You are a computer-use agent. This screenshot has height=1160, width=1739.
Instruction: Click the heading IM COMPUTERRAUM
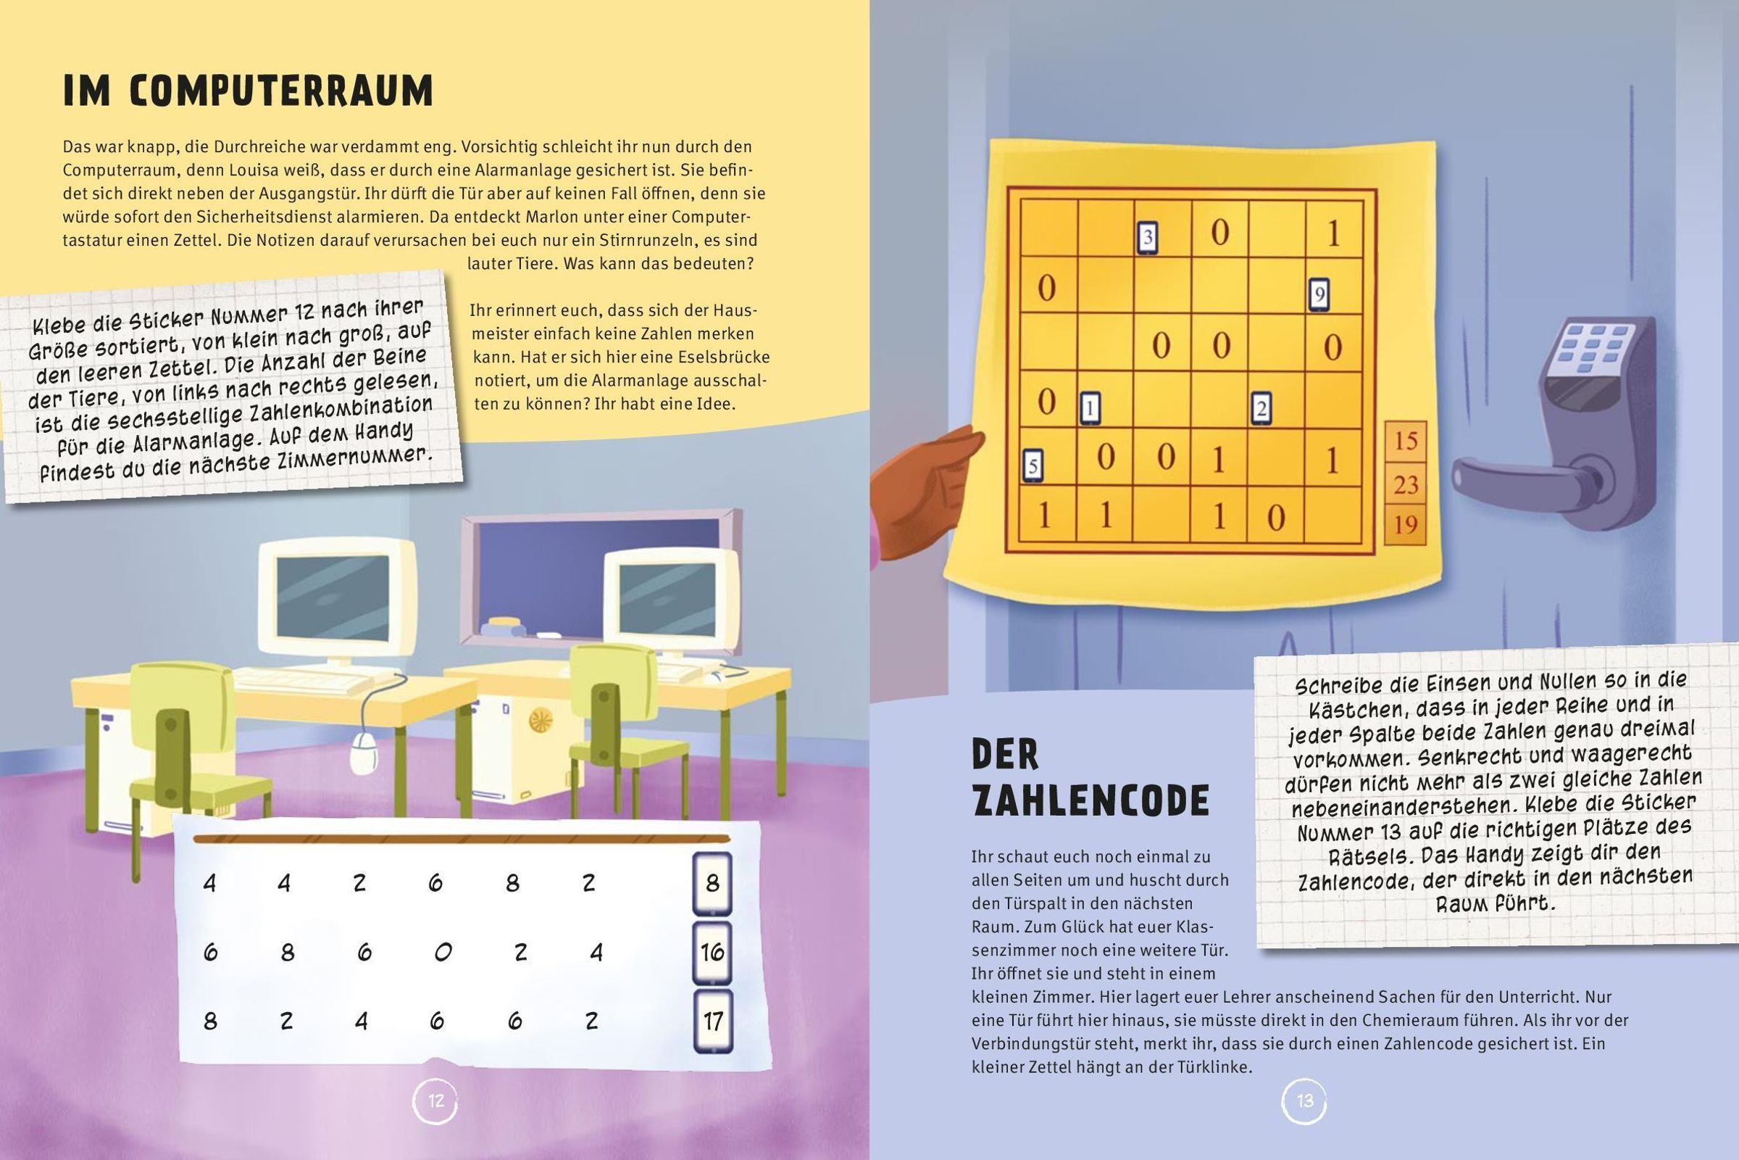coord(248,92)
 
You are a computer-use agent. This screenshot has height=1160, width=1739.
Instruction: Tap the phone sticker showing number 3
coord(1147,239)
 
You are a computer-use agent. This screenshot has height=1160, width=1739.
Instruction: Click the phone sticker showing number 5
coord(1033,466)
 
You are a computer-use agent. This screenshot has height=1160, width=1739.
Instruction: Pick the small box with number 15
coord(1405,442)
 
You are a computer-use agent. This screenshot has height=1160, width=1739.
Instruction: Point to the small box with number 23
coord(1405,484)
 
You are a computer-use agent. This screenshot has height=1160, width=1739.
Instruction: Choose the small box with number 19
coord(1405,524)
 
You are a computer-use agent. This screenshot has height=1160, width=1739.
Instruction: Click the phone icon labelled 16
coord(712,951)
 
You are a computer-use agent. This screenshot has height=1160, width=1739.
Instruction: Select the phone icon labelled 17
coord(712,1021)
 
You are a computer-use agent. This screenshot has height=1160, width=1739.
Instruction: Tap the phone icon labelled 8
coord(712,882)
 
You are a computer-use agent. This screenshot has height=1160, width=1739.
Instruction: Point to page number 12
coord(435,1101)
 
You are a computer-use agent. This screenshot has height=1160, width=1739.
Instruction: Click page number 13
coord(1305,1101)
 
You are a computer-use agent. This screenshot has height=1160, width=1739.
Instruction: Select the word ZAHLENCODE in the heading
coord(1091,800)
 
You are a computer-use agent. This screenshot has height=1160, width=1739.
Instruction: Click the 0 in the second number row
coord(443,952)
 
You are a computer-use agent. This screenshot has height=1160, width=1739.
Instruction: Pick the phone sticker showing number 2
coord(1261,409)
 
